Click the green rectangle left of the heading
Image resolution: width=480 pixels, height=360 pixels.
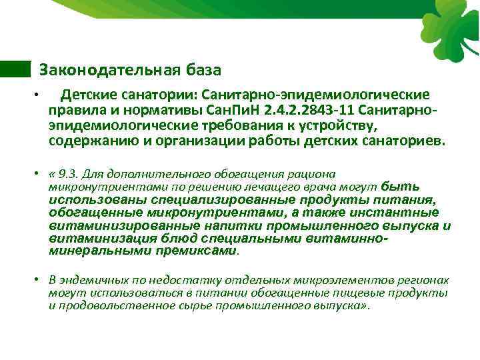pyautogui.click(x=15, y=69)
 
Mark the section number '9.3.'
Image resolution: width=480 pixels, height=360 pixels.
pyautogui.click(x=68, y=173)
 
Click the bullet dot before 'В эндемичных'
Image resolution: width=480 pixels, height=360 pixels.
pyautogui.click(x=41, y=281)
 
